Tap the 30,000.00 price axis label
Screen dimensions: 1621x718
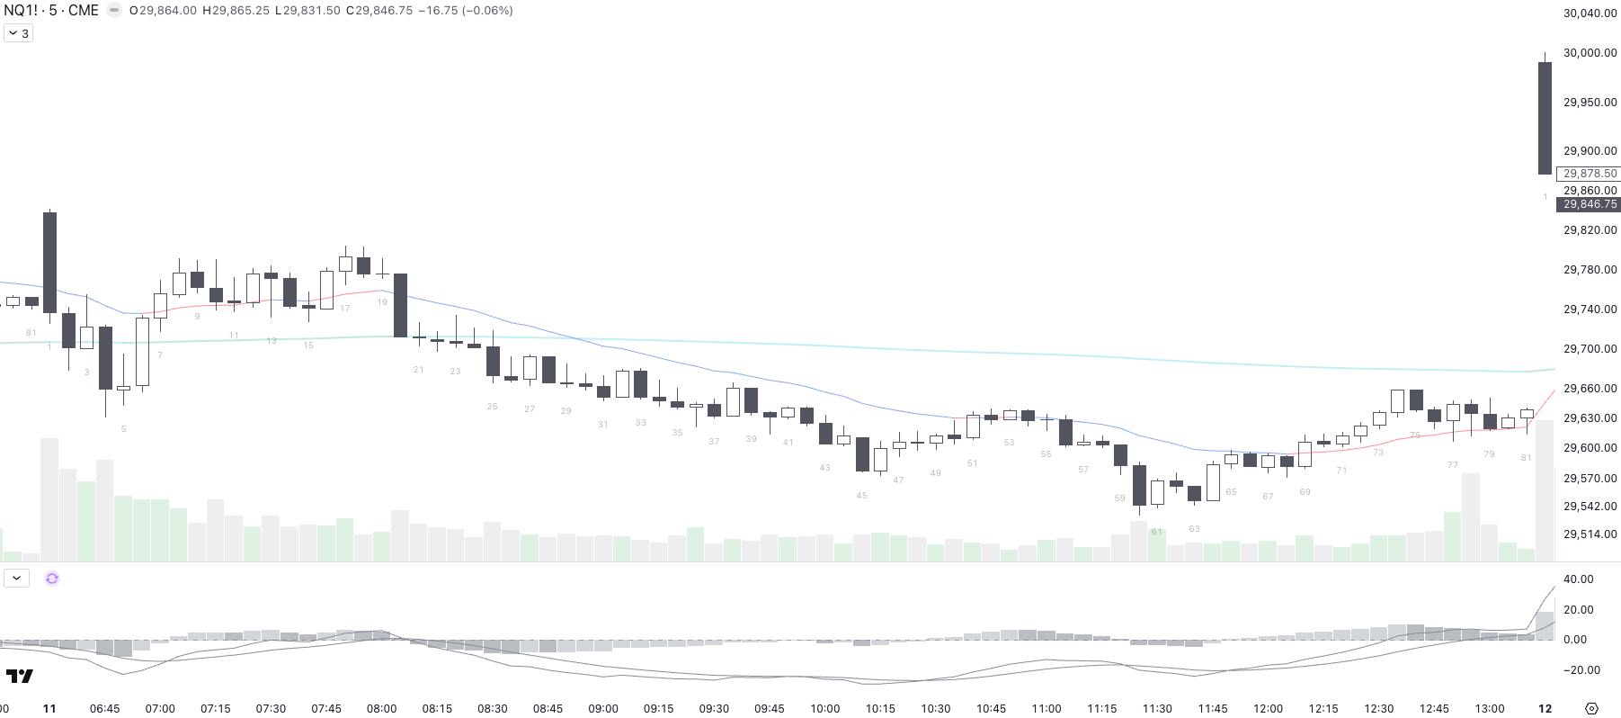click(1590, 53)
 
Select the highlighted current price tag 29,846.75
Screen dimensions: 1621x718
click(1590, 204)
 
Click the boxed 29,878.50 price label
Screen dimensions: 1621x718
click(1590, 174)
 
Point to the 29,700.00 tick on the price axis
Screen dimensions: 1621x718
click(1590, 349)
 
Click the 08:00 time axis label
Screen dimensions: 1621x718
click(382, 709)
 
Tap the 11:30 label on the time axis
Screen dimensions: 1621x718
click(1157, 709)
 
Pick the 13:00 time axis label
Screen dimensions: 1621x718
click(1490, 709)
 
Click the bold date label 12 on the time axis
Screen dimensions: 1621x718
click(1545, 709)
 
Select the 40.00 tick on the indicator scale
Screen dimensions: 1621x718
click(1579, 579)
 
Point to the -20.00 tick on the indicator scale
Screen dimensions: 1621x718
click(1582, 670)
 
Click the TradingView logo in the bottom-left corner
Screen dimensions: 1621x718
click(20, 677)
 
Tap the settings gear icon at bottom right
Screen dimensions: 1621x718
click(1591, 709)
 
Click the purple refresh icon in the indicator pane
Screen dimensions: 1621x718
click(52, 579)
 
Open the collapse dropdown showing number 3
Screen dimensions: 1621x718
click(19, 33)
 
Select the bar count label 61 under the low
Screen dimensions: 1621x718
click(1157, 532)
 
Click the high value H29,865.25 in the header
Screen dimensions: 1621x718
click(236, 11)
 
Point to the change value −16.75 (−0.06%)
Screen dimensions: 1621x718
click(466, 11)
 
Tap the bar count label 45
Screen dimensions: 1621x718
click(862, 496)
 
